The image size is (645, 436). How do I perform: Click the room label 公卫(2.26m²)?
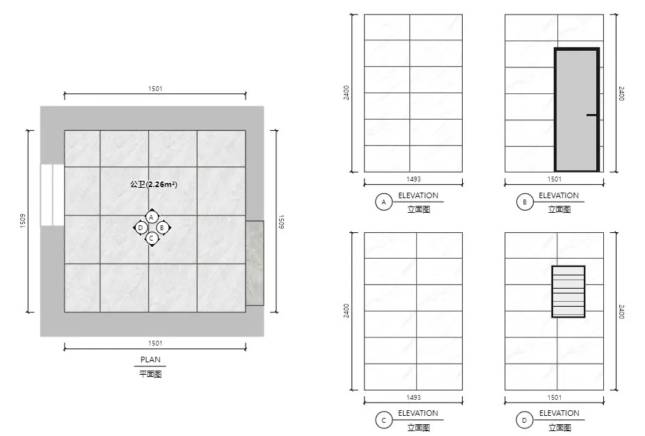[154, 184]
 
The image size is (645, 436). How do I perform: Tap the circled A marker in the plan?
[152, 217]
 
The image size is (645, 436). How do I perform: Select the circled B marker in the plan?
[162, 227]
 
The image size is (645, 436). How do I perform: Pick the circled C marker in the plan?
[152, 238]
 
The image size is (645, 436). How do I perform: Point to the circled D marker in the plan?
[141, 227]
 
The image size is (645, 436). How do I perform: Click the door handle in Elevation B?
[591, 115]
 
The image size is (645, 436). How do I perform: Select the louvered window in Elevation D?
[568, 291]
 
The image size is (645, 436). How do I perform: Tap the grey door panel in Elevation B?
[576, 110]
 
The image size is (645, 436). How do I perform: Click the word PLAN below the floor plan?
[150, 360]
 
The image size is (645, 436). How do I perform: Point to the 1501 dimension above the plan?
[155, 89]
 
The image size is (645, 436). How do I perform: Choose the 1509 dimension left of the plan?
[23, 220]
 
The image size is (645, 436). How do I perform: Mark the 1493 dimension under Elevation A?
[413, 179]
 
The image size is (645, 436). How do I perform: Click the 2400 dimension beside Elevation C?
[346, 310]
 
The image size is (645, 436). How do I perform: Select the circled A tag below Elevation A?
[384, 202]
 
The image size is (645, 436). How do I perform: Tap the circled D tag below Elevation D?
[524, 421]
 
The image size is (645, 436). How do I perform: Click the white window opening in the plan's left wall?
[52, 195]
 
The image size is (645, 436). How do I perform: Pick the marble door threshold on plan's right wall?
[255, 263]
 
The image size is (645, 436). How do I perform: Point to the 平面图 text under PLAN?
[150, 374]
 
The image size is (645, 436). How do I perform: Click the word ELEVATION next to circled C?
[418, 413]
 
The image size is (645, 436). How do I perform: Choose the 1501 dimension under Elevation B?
[554, 179]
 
